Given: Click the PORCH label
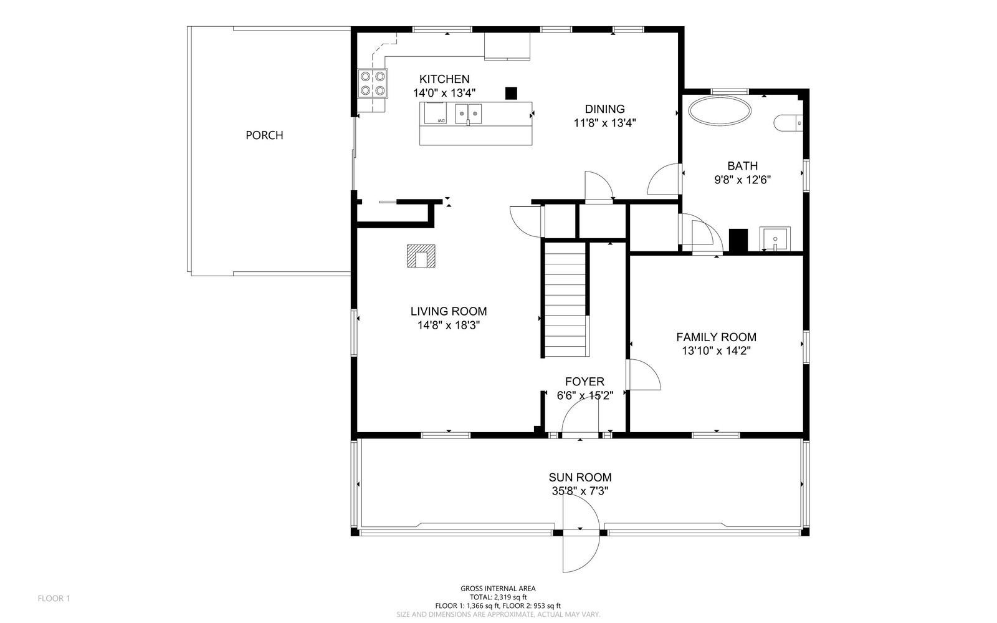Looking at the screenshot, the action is click(264, 135).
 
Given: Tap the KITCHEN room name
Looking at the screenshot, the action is click(444, 79).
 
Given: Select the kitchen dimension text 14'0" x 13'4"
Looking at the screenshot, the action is click(444, 93).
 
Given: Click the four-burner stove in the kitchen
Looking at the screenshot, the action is click(373, 84).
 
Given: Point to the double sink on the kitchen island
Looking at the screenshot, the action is click(468, 114).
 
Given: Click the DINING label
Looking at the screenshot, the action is click(605, 109).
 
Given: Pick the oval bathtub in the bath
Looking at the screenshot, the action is click(720, 110).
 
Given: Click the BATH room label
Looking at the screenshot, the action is click(742, 166).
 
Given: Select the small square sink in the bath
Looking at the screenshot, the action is click(775, 239).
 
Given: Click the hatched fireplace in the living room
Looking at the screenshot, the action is click(421, 256).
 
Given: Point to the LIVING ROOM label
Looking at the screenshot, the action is click(449, 311).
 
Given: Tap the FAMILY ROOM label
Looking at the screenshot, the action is click(716, 337).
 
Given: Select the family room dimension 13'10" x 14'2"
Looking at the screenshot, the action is click(716, 351).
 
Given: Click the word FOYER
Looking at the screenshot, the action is click(585, 382).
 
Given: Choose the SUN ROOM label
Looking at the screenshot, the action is click(580, 477).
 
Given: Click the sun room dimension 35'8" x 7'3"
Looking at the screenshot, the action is click(580, 491).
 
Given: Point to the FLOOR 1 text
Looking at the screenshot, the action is click(54, 599).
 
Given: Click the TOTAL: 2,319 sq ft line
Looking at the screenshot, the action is click(498, 597).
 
